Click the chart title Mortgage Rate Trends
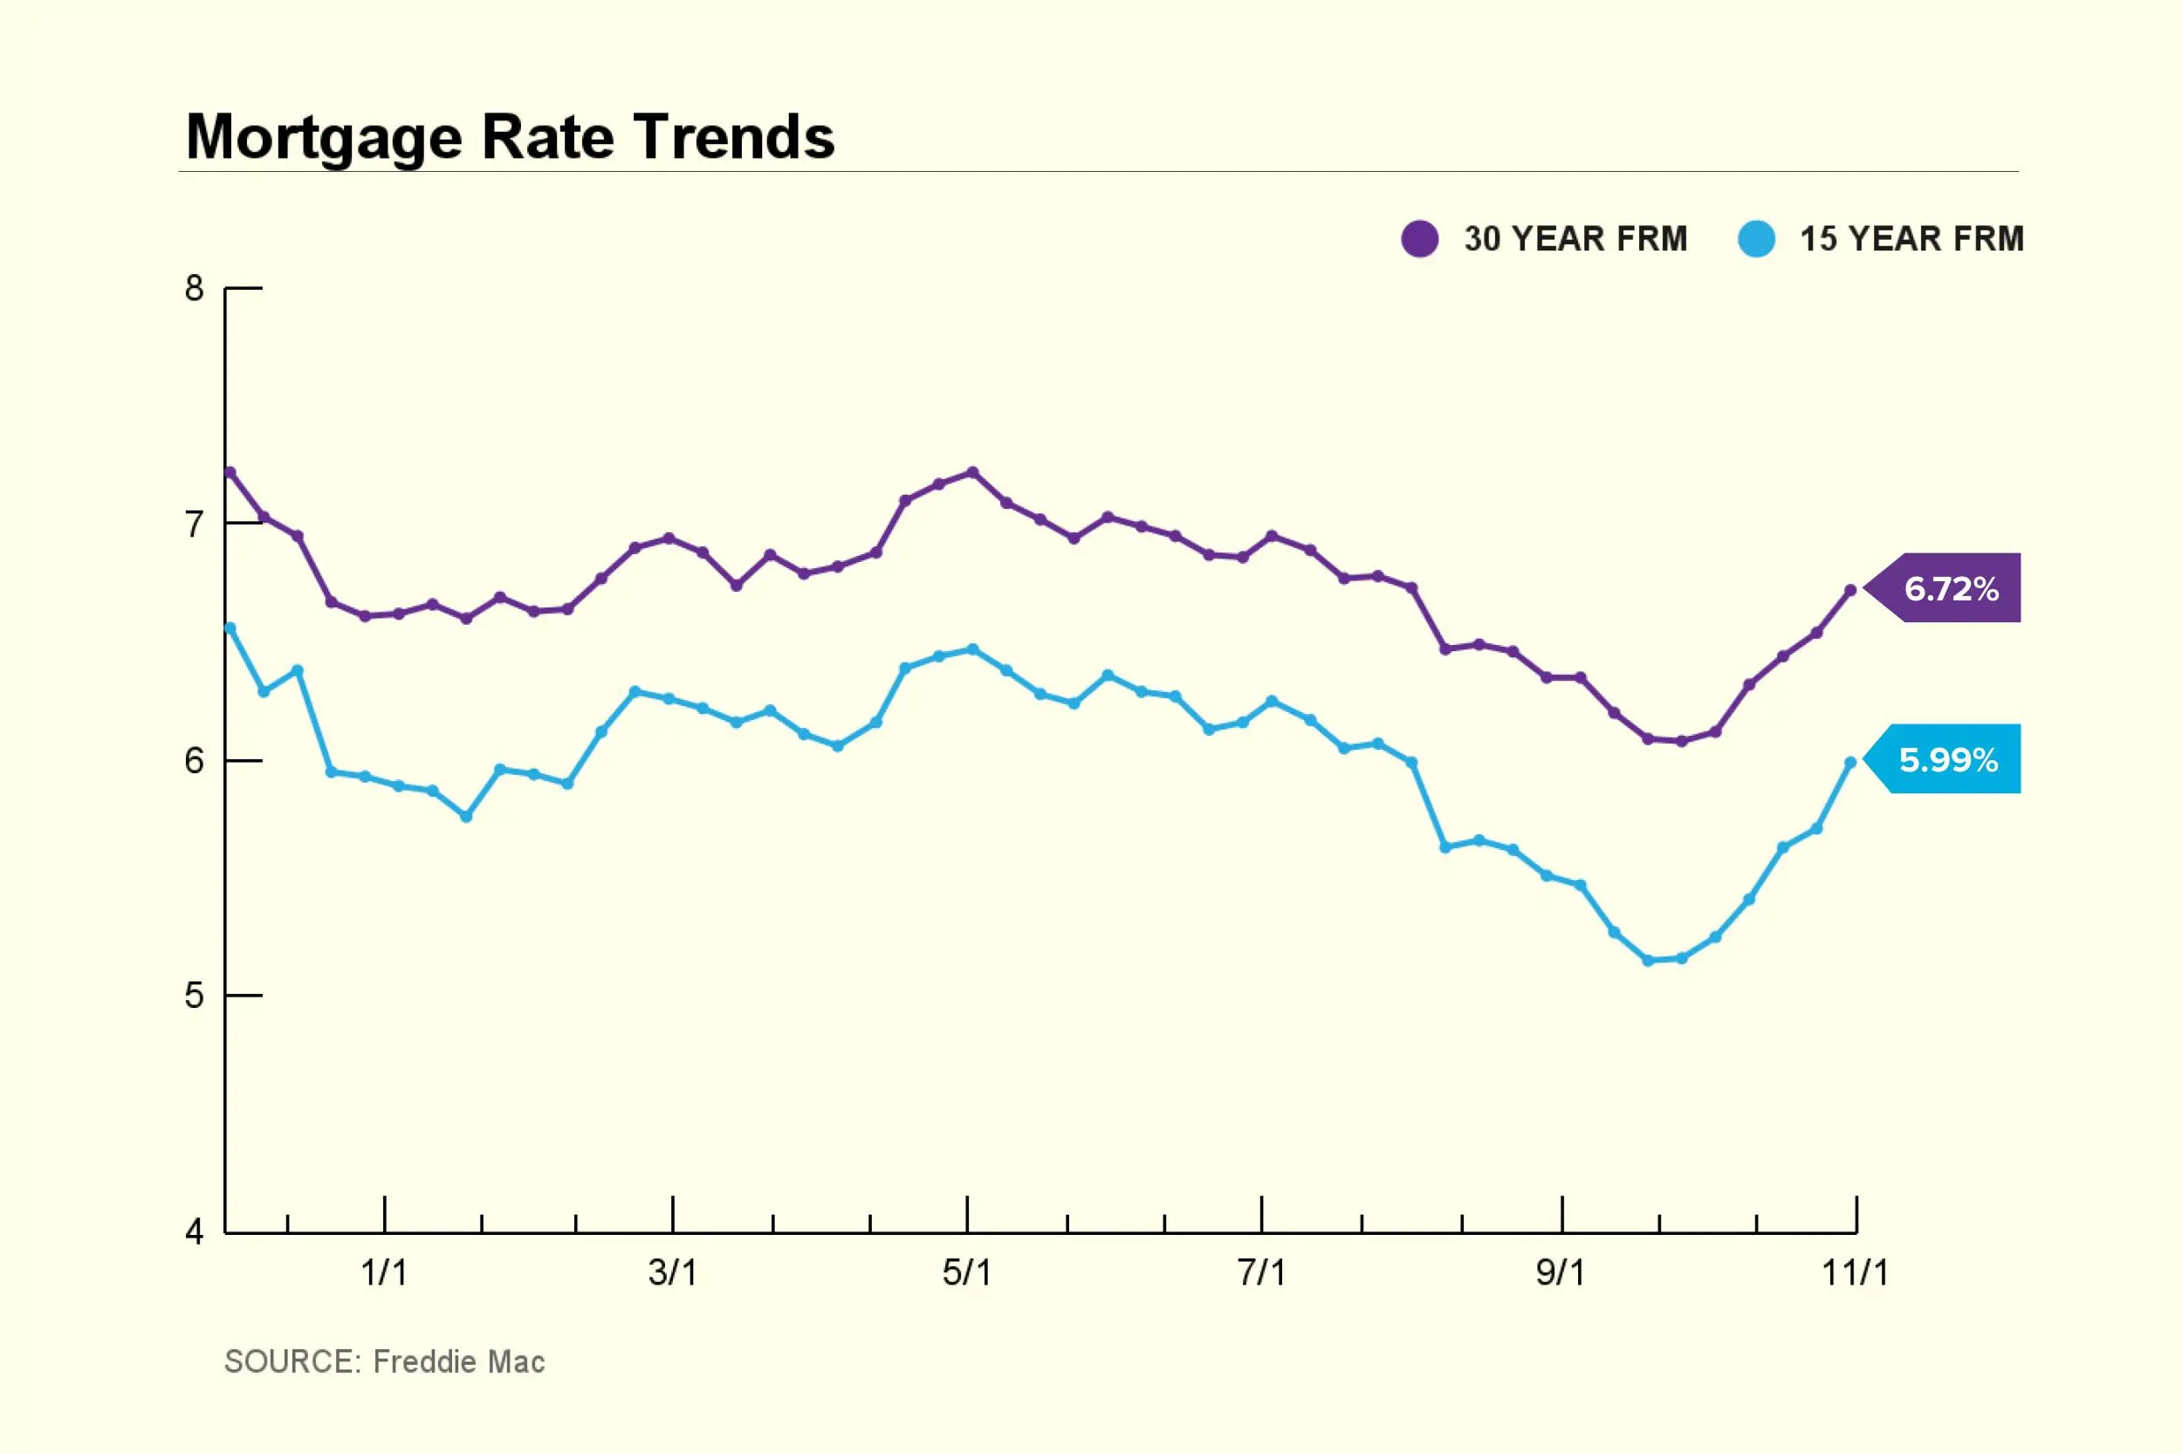(x=509, y=136)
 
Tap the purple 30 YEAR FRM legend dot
(x=1419, y=238)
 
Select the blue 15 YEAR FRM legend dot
(x=1755, y=238)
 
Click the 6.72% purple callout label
(x=1950, y=588)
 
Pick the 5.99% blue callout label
(x=1948, y=759)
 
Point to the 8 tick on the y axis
(x=194, y=288)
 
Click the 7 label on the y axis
(x=194, y=525)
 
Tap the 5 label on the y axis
(x=194, y=996)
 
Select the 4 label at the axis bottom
(x=194, y=1231)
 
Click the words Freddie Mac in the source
(x=459, y=1361)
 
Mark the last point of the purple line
(x=1850, y=590)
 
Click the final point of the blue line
(x=1850, y=762)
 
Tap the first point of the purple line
(x=230, y=472)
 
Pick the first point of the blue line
(x=230, y=628)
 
